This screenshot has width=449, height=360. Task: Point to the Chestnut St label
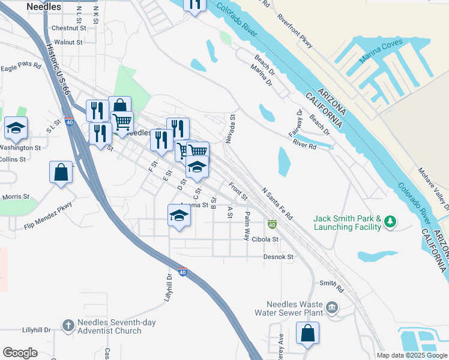[70, 28]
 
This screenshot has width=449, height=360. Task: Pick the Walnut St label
[68, 42]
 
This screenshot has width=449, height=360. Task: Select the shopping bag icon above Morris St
[61, 173]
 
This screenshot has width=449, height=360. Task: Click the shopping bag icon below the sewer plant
[307, 334]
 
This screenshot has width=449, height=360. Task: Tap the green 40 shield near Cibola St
[272, 224]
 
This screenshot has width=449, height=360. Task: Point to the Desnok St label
[278, 257]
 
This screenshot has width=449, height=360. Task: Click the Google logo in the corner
[20, 353]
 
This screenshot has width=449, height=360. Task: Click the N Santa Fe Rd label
[277, 203]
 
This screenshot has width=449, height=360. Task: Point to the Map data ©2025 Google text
[411, 355]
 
